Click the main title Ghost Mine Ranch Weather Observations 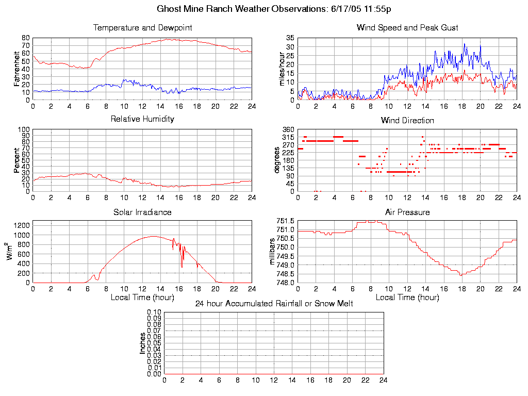coord(274,9)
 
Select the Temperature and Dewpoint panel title coord(142,27)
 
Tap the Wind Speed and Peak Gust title coord(407,27)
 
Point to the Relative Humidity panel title coord(142,119)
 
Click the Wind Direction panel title coord(407,120)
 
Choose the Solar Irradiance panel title coord(142,212)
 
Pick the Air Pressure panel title coord(407,212)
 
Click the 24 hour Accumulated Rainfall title coord(274,304)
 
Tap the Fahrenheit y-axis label coord(16,69)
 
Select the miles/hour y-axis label coord(282,69)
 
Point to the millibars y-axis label coord(273,252)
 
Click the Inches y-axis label coord(143,343)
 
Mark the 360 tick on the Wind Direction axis coord(288,129)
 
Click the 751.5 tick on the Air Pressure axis coord(285,221)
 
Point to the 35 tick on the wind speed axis coord(290,38)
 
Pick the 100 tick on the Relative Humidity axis coord(24,129)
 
